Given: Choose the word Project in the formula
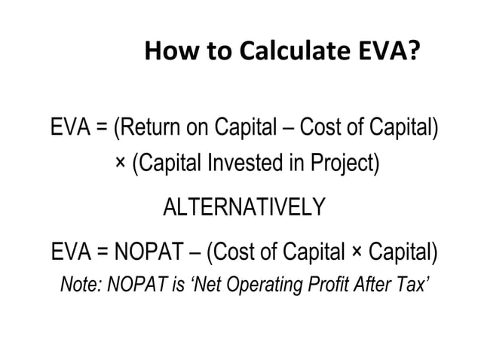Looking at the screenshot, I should point(343,163).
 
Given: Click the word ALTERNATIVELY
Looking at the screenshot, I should point(244,206).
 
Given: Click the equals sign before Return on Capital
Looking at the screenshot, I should point(100,130).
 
